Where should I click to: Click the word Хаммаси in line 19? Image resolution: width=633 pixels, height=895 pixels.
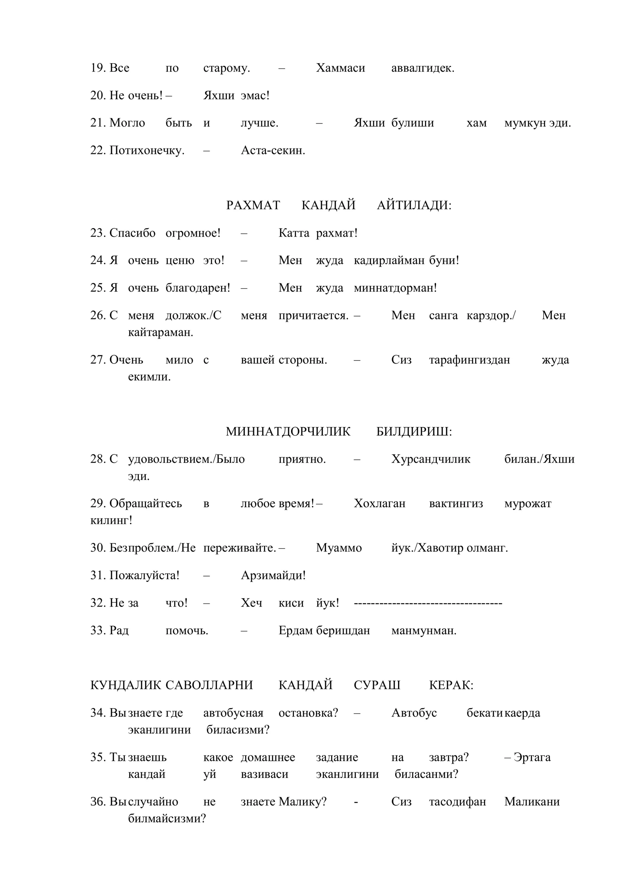340,68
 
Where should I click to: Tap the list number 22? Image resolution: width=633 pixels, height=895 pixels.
97,150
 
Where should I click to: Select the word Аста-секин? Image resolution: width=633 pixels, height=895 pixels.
273,150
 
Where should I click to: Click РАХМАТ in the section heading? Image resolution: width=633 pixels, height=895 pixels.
253,205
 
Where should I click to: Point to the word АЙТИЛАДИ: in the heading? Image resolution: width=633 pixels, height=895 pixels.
414,205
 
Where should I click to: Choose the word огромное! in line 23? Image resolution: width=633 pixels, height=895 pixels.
193,233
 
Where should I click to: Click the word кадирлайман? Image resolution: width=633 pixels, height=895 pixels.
389,260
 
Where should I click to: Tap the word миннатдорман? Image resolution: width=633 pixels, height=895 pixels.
395,288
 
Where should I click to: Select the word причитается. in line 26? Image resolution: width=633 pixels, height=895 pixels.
313,315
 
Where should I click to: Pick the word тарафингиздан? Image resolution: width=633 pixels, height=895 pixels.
470,360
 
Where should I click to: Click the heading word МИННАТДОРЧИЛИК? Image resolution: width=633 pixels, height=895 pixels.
288,432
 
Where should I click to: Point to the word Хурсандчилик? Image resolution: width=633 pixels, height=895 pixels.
431,459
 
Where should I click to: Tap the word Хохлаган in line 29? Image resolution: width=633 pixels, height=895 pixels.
379,503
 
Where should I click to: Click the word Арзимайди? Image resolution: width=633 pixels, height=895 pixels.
273,575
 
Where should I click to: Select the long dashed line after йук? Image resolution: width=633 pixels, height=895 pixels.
428,603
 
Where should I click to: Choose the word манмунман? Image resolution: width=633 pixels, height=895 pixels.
424,630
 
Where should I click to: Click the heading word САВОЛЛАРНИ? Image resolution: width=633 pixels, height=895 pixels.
209,685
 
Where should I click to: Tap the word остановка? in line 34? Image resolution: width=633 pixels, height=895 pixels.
308,713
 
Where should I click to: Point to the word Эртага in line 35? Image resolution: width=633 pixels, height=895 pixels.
532,757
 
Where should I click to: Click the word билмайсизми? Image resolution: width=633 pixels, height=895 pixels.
167,818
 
